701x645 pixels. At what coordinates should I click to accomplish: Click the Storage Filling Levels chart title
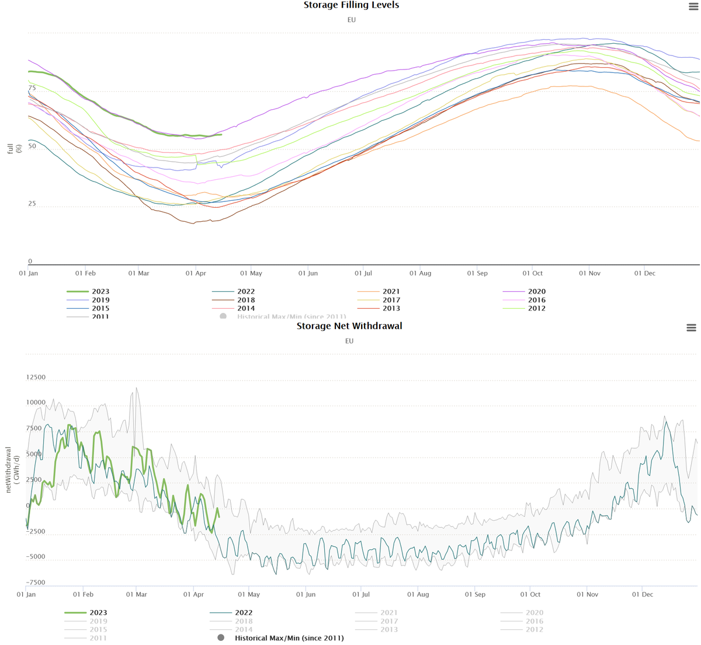[351, 5]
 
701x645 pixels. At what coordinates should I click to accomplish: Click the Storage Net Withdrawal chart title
[349, 326]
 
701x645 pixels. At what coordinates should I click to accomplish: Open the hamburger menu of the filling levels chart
[693, 6]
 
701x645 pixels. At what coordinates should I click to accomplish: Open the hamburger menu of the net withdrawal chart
[691, 328]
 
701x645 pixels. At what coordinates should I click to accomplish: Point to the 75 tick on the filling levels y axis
[32, 88]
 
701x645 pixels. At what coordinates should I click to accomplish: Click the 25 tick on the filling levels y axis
[32, 204]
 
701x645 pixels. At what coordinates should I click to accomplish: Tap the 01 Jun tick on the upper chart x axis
[308, 273]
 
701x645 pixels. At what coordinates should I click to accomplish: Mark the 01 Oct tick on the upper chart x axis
[532, 273]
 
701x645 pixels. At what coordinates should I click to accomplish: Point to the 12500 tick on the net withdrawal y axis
[36, 378]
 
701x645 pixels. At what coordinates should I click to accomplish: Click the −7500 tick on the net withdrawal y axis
[36, 583]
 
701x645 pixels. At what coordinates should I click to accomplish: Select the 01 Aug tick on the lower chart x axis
[418, 594]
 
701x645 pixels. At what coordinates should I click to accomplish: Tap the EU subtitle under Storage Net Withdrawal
[349, 341]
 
